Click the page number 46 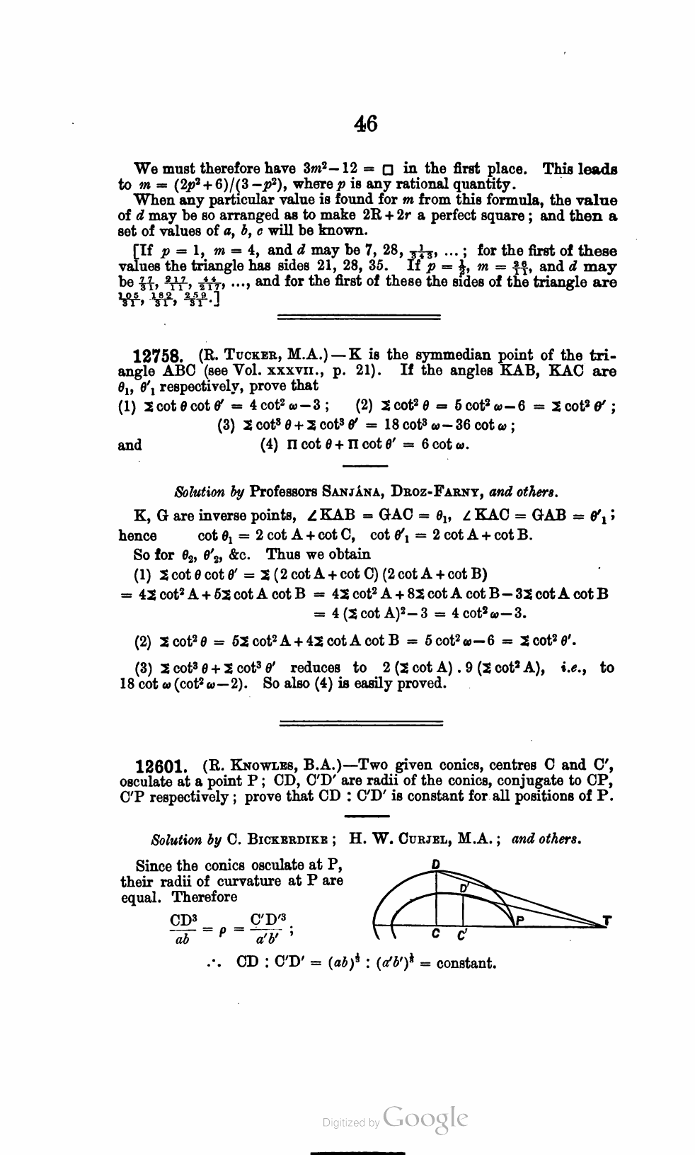pyautogui.click(x=366, y=123)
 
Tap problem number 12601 pyautogui.click(x=163, y=766)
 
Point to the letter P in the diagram pyautogui.click(x=520, y=921)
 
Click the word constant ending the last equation pyautogui.click(x=466, y=963)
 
